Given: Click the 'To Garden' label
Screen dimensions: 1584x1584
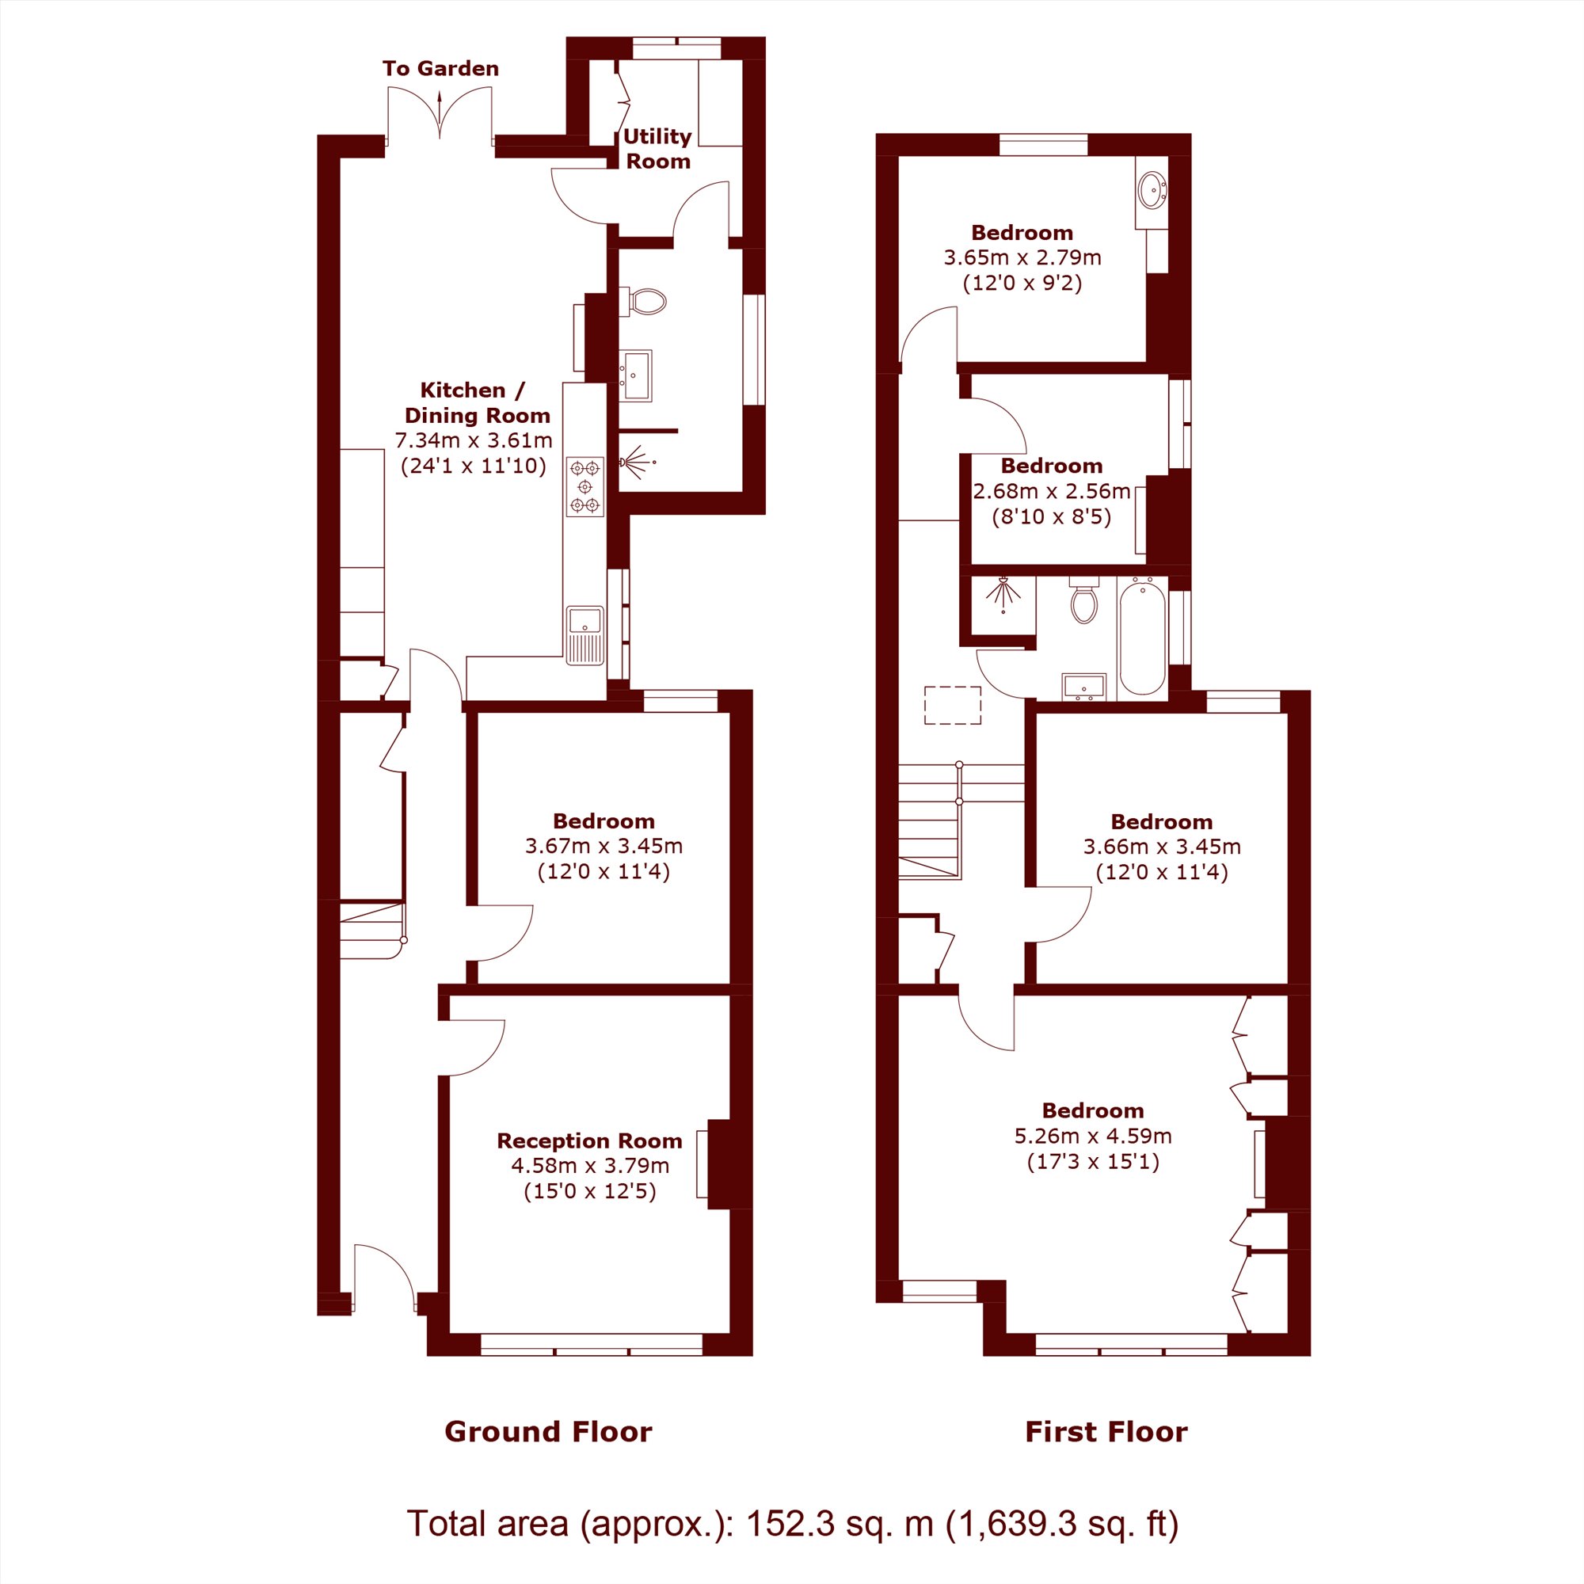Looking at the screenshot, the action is click(x=440, y=68).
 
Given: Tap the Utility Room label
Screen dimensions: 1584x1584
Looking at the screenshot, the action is click(x=657, y=148).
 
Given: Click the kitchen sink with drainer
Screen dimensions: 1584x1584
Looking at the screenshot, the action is click(x=584, y=634).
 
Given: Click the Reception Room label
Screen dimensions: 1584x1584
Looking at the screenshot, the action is click(x=589, y=1140).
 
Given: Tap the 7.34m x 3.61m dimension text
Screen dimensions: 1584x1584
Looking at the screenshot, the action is click(x=474, y=440).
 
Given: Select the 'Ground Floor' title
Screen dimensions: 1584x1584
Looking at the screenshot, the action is click(x=549, y=1431).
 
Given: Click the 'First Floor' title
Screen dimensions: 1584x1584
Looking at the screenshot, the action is click(x=1106, y=1431).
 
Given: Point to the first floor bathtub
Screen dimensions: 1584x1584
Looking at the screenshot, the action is click(x=1142, y=637).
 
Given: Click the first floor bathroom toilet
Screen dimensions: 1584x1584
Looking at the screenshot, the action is click(x=1084, y=600).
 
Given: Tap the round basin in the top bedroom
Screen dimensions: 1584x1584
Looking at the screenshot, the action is click(x=1152, y=190).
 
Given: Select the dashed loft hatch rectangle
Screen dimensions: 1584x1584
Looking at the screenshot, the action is click(x=953, y=705).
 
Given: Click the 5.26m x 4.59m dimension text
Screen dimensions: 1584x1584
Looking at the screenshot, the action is click(x=1093, y=1136).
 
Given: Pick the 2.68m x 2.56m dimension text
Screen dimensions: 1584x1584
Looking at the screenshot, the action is click(x=1051, y=491).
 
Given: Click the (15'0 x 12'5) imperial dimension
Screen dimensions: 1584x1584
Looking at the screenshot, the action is click(x=589, y=1190).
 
